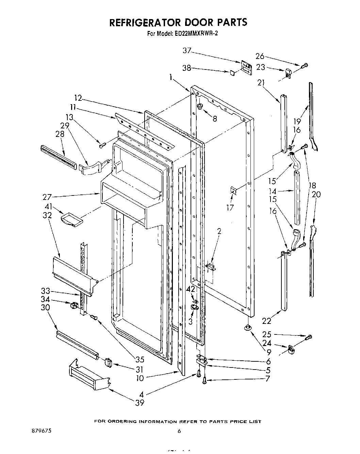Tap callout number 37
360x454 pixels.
tap(187, 51)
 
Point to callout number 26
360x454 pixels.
tap(260, 57)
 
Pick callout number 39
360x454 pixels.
tap(140, 403)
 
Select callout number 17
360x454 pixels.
tap(230, 207)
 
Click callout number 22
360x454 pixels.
tap(266, 320)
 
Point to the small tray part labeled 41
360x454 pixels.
tap(72, 219)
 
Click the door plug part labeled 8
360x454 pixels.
tap(200, 106)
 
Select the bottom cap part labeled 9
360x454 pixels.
tap(247, 328)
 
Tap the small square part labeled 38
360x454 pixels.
tap(232, 73)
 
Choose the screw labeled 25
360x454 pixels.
tap(309, 338)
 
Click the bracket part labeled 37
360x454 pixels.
tap(246, 67)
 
